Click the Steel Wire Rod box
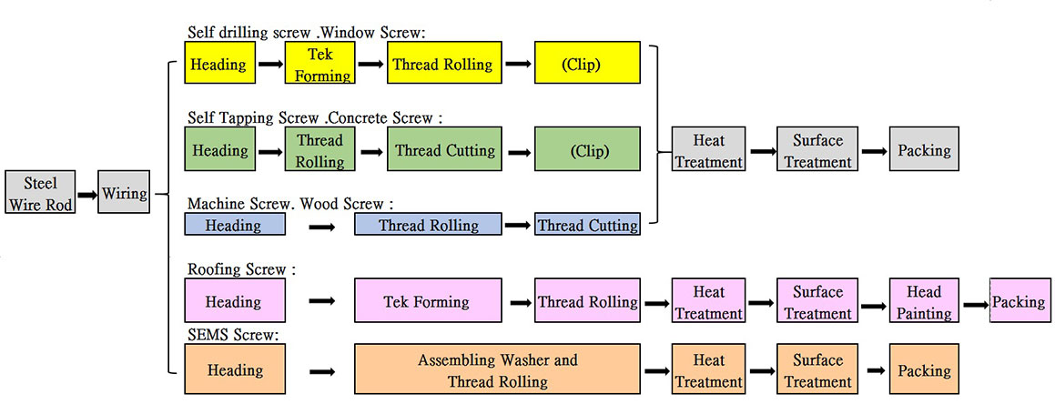coord(40,193)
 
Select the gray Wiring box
coord(124,193)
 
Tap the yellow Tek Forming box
coord(320,63)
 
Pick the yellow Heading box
coord(219,63)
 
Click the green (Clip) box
coord(587,150)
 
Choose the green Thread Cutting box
coord(444,150)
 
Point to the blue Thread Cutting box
coord(587,225)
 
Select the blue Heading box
coord(234,225)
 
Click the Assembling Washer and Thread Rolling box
coord(497,369)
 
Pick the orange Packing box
coord(924,369)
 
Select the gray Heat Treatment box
coord(708,149)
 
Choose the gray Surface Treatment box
coord(817,149)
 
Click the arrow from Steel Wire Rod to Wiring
coord(86,195)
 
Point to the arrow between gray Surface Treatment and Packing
coord(874,151)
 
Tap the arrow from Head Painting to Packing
coord(974,305)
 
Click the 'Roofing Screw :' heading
coord(241,269)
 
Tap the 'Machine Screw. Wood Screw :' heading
coord(290,203)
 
